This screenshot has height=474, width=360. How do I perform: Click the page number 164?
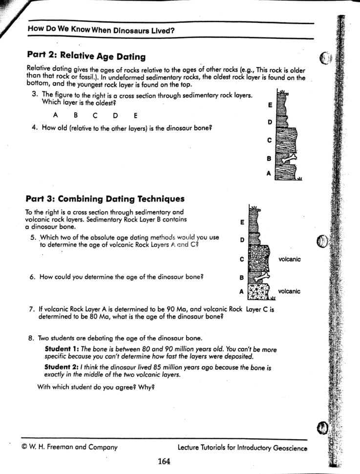click(x=164, y=461)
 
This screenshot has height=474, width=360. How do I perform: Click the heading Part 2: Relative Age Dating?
click(x=85, y=57)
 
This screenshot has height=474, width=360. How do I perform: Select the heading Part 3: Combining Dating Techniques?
click(x=105, y=199)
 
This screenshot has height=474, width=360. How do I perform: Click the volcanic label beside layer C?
click(x=289, y=259)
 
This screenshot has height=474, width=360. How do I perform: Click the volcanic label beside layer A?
click(x=289, y=292)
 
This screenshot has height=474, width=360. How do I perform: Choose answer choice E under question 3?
click(x=135, y=116)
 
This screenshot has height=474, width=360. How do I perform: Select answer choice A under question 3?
click(x=56, y=116)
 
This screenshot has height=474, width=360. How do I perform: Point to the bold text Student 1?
click(x=62, y=349)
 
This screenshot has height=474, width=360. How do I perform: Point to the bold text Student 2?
click(x=62, y=367)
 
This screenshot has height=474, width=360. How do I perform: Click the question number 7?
click(x=31, y=309)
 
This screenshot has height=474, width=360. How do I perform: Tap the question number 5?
click(x=32, y=238)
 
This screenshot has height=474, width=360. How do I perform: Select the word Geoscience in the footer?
click(x=290, y=447)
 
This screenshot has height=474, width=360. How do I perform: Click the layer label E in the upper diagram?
click(x=270, y=105)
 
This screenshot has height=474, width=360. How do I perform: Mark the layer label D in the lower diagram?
click(x=242, y=240)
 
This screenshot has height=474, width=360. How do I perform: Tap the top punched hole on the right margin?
click(x=326, y=58)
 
